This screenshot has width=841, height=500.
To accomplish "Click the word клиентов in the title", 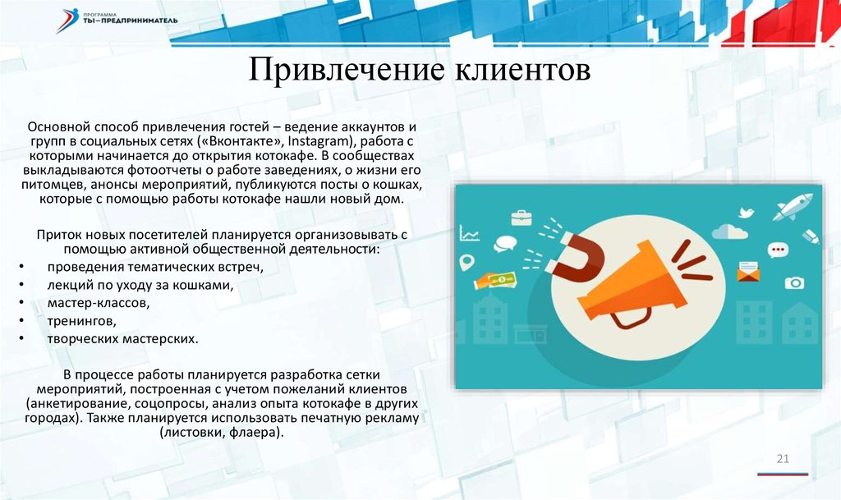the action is pyautogui.click(x=523, y=71).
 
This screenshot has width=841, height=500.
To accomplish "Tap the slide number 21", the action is pyautogui.click(x=783, y=459).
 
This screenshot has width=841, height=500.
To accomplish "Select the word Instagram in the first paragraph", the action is pyautogui.click(x=319, y=141).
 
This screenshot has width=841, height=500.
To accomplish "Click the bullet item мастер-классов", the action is pyautogui.click(x=99, y=303).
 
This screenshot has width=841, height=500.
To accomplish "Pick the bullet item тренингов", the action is pyautogui.click(x=81, y=321).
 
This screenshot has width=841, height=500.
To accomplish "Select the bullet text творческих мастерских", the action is pyautogui.click(x=123, y=339).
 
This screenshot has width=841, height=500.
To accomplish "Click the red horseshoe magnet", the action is pyautogui.click(x=574, y=256).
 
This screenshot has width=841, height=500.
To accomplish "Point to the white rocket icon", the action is pyautogui.click(x=793, y=207).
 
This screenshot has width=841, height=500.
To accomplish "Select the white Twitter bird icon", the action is pyautogui.click(x=746, y=212).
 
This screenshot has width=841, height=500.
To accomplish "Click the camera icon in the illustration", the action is pyautogui.click(x=794, y=282).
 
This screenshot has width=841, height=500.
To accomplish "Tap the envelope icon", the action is pyautogui.click(x=747, y=272).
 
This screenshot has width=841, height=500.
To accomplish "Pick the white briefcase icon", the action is pyautogui.click(x=522, y=218).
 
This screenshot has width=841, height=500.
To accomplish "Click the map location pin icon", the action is pyautogui.click(x=467, y=262).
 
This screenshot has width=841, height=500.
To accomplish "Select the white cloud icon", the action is pyautogui.click(x=729, y=232).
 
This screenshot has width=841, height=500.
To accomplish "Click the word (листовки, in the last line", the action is pyautogui.click(x=192, y=433).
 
